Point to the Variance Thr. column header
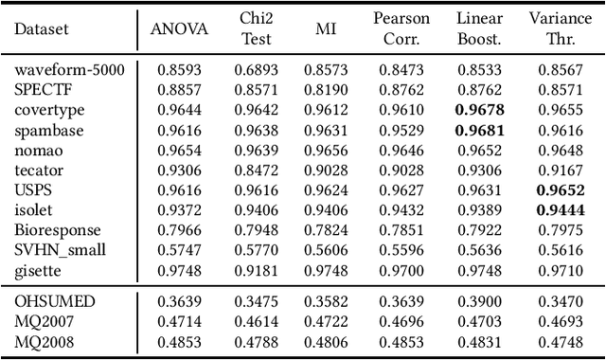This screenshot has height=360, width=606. [x=561, y=27]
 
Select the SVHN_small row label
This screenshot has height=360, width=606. [x=61, y=249]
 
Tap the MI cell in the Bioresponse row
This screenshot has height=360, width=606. [x=325, y=231]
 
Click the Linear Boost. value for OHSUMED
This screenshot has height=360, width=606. [x=480, y=300]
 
